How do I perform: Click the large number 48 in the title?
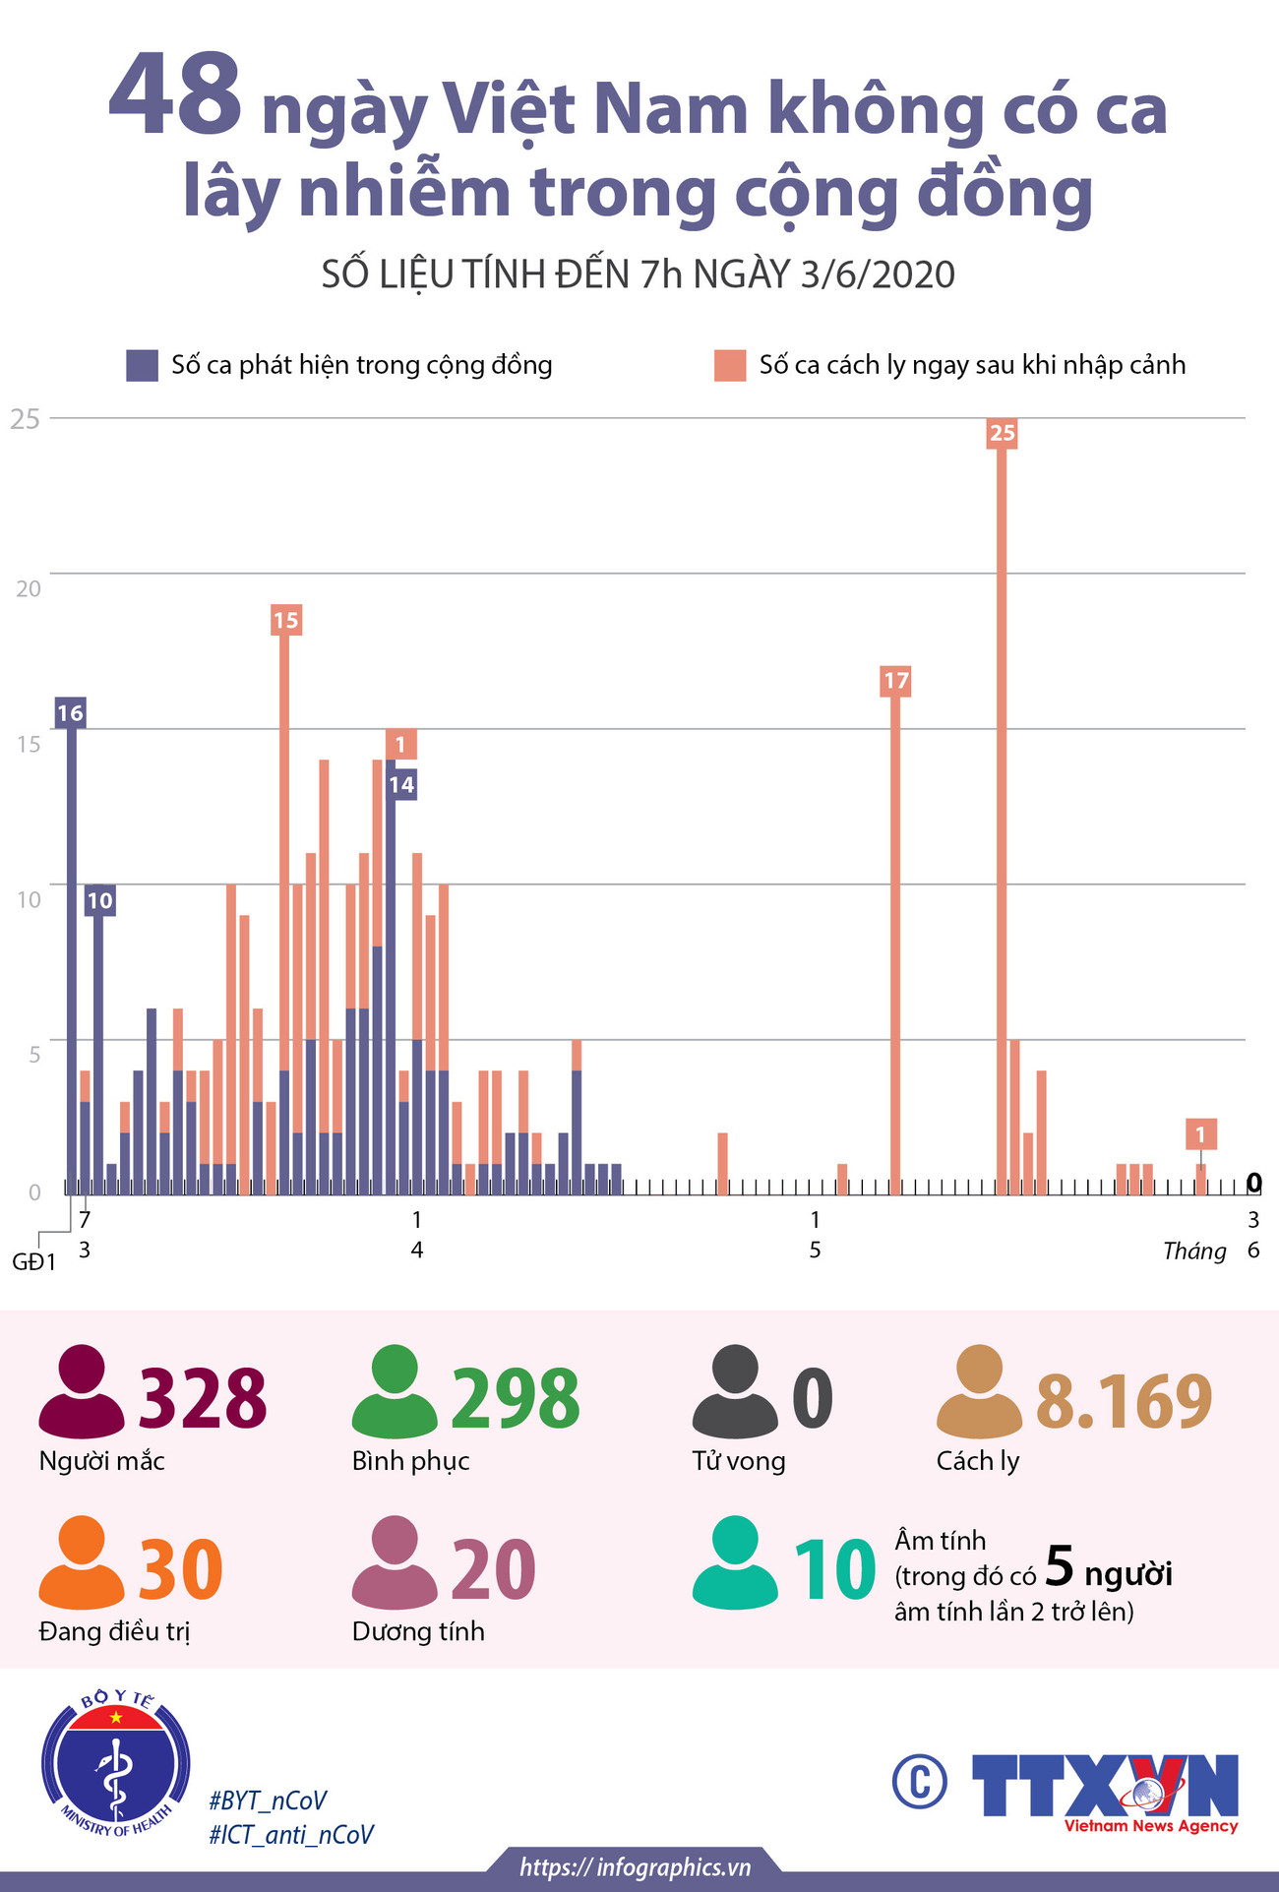pos(175,96)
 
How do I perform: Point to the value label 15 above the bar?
pos(285,620)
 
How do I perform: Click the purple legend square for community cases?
pos(142,365)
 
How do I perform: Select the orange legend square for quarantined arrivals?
pos(730,365)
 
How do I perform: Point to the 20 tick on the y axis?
pos(28,588)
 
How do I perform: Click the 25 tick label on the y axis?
pos(25,418)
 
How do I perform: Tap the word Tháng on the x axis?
pos(1193,1251)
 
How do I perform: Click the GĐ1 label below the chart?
pos(33,1262)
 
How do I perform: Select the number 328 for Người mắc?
pos(203,1398)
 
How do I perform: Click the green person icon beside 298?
pos(395,1391)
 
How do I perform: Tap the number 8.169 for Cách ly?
pos(1124,1400)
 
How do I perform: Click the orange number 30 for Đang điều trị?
pos(180,1569)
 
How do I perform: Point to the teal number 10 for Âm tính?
pos(834,1569)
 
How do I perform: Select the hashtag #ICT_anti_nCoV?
pos(291,1834)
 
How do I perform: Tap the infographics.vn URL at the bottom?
pos(635,1866)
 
